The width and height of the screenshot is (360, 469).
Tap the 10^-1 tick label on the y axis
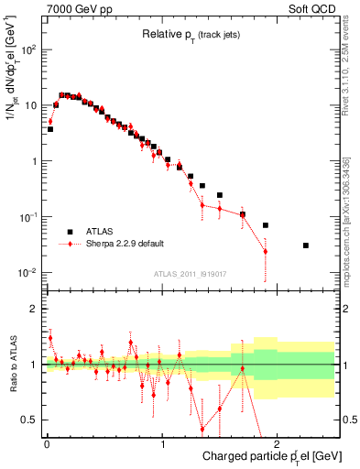click(27, 217)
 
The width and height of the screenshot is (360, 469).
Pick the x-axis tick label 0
click(46, 443)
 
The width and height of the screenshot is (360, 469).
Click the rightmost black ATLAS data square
click(306, 245)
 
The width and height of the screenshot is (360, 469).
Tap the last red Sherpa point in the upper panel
click(266, 251)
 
